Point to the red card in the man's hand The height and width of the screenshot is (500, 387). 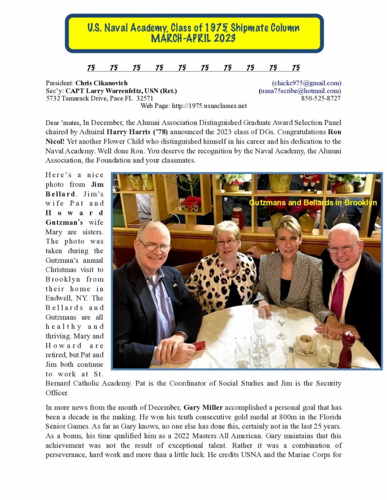coord(199,346)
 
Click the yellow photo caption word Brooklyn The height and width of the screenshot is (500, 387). coord(360,202)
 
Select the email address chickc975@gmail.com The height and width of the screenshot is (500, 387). coord(306,83)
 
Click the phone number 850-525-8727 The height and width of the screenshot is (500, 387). coord(321,98)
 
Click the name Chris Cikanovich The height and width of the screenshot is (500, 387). coord(101,83)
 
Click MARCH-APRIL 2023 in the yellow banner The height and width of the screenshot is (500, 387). coord(194,38)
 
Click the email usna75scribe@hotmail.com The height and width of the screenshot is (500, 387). coord(300,91)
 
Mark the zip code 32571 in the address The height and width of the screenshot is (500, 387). coord(144,98)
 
